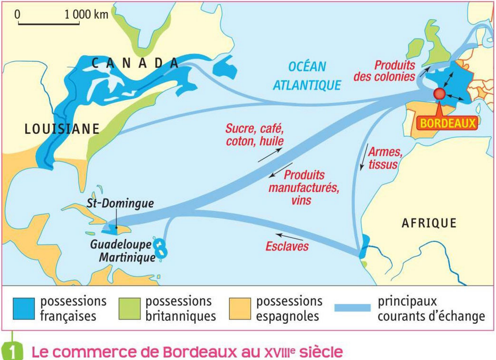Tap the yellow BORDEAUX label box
click(x=449, y=124)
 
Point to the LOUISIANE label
click(x=62, y=129)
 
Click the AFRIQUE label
click(x=429, y=223)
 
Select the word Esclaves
click(x=287, y=247)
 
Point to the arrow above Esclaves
click(x=289, y=236)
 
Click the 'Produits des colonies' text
click(x=385, y=71)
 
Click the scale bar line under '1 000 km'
click(x=49, y=24)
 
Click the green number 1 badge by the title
click(x=14, y=352)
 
